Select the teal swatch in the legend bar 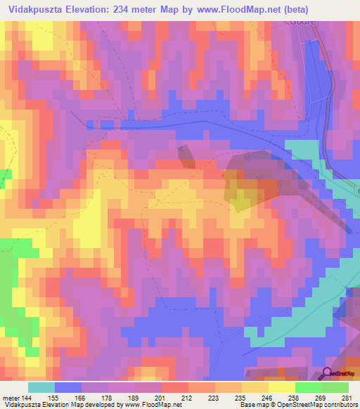(x=41, y=387)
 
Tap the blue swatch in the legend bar (x=68, y=387)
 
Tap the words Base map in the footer (x=253, y=404)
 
